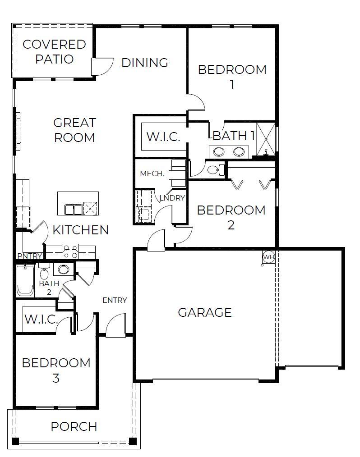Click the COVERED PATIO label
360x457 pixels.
click(54, 51)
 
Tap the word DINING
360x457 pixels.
click(145, 63)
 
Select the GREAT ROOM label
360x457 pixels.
click(74, 130)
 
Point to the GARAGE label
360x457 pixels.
click(205, 312)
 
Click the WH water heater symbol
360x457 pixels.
click(268, 257)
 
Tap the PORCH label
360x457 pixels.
click(74, 426)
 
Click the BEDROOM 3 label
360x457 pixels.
click(56, 370)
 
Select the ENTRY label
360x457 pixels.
click(115, 301)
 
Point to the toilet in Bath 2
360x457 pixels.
click(44, 272)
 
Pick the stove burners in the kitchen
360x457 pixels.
click(70, 251)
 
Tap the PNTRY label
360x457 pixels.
click(29, 256)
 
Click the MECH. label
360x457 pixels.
click(152, 174)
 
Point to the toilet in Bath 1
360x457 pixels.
click(217, 170)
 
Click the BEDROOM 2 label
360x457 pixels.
click(231, 217)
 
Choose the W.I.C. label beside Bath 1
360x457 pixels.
click(163, 137)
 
